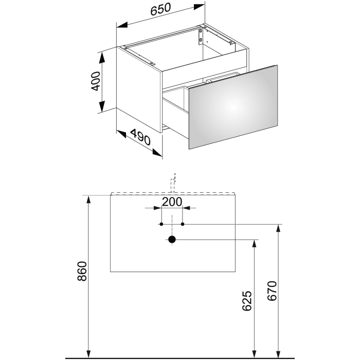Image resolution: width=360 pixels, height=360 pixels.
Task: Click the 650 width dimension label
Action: [160, 9]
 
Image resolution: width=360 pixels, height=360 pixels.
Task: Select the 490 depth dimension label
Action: [140, 137]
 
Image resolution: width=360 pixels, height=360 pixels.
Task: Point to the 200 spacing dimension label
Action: [172, 202]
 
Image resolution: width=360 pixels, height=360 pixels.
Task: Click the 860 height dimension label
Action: [82, 271]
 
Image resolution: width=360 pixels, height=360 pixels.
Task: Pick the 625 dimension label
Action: [247, 301]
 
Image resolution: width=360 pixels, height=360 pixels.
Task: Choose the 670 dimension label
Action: [272, 291]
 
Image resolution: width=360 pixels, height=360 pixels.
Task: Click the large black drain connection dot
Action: [172, 240]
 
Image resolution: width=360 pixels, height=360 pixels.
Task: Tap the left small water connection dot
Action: [161, 224]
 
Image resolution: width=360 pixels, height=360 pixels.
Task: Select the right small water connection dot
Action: [183, 224]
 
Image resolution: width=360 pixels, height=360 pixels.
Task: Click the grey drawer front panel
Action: [233, 107]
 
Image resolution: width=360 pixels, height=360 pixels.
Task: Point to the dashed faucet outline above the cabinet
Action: [173, 183]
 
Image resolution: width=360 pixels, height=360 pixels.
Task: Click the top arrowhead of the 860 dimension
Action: [88, 200]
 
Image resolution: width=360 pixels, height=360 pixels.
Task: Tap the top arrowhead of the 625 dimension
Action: [254, 244]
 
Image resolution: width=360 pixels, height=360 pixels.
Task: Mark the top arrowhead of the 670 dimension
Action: [278, 229]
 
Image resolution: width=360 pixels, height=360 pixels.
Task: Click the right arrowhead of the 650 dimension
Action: [199, 7]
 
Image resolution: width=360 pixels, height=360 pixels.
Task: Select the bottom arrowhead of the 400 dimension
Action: [102, 107]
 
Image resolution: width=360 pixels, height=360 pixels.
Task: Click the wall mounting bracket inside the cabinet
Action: [201, 37]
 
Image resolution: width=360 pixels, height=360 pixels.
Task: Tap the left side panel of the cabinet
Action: [139, 89]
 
